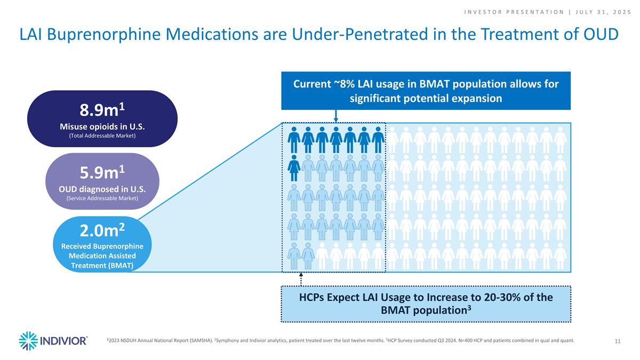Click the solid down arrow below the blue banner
335,117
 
